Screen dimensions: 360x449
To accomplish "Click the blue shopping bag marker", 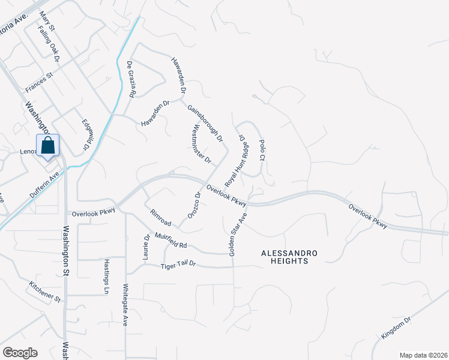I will (x=48, y=146).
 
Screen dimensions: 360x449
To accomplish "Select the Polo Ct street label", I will (x=262, y=150).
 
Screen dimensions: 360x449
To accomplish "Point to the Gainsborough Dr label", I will (x=205, y=124).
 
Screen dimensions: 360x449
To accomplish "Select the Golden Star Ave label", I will (x=238, y=235).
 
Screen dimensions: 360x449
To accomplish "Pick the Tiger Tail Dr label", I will (x=178, y=266).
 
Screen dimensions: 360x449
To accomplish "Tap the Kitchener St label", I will (x=45, y=291).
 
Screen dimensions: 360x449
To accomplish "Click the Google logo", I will (x=19, y=353).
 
